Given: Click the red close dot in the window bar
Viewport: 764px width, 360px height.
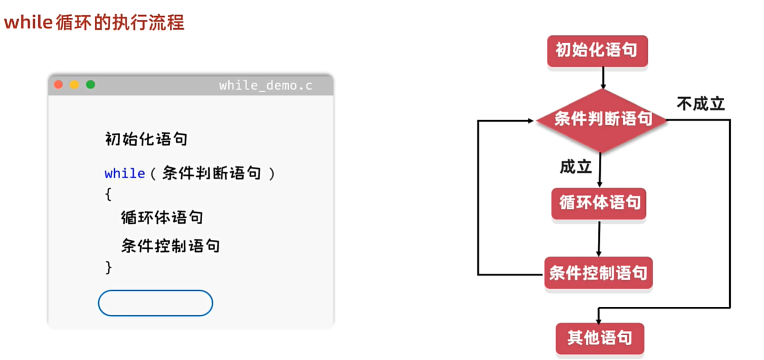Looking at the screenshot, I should click(58, 85).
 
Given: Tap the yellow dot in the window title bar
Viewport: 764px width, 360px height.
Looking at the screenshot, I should click(74, 85).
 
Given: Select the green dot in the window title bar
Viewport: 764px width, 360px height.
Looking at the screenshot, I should click(90, 85).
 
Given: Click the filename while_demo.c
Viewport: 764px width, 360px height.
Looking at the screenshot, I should click(265, 85).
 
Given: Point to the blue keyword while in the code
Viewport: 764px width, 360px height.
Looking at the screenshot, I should click(125, 173).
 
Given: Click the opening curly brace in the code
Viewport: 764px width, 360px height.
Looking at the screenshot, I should click(108, 194).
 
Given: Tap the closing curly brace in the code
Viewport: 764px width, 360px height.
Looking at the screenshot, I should click(108, 268).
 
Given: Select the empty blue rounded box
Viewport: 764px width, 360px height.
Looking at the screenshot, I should click(155, 303).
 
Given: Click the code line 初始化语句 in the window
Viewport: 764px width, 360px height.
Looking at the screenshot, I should click(146, 138).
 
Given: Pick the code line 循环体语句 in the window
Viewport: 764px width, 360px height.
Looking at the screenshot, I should click(162, 217).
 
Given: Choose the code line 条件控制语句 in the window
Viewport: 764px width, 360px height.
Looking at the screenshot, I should click(171, 245).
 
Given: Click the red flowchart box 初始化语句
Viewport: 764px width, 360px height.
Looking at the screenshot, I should click(597, 51).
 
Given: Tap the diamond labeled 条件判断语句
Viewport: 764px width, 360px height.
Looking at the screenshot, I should click(602, 120).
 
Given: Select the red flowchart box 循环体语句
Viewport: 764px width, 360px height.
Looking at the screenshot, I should click(599, 203).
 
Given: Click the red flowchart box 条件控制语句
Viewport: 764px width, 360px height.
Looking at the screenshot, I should click(598, 272).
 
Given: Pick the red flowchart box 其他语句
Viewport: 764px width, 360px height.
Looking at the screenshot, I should click(599, 338).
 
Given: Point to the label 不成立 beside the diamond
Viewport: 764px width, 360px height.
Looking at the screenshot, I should click(700, 104).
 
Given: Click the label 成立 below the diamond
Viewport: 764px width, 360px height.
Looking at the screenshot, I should click(576, 166).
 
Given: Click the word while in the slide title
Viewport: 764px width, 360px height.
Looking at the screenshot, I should click(28, 23).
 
